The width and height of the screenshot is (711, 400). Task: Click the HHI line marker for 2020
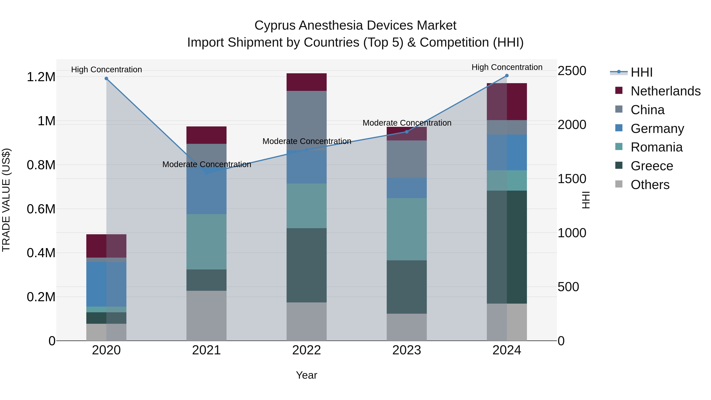point(106,79)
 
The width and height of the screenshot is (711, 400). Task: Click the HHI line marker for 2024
point(507,76)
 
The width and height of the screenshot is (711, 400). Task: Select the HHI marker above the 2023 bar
point(407,132)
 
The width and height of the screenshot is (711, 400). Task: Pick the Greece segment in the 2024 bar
point(507,247)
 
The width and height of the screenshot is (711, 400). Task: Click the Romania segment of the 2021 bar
point(206,242)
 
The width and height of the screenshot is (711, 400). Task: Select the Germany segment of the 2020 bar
point(106,284)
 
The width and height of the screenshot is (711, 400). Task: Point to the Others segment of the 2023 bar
point(407,327)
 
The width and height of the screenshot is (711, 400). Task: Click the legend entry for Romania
point(656,147)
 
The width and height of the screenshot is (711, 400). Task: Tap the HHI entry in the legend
point(641,72)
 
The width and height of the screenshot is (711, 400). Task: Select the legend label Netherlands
point(665,91)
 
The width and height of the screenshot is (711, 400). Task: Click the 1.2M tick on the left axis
point(41,77)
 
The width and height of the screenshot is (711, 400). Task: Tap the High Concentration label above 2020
point(106,70)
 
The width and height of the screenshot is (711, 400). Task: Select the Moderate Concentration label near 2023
point(407,123)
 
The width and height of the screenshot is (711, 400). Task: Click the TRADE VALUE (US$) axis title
point(6,200)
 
